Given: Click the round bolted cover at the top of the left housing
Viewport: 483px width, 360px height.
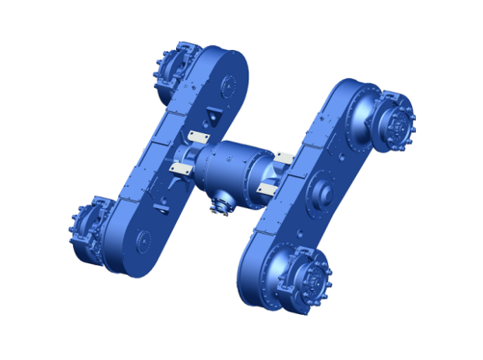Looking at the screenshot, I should (x=231, y=83).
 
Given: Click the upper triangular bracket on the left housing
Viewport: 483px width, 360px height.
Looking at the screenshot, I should (x=210, y=118).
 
